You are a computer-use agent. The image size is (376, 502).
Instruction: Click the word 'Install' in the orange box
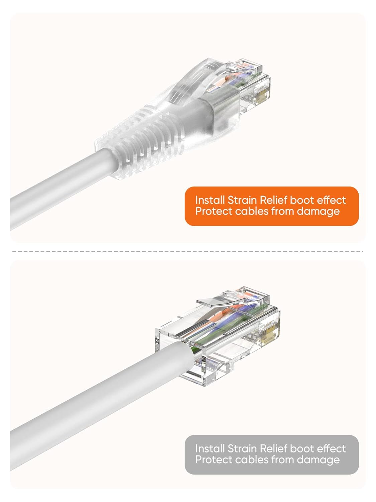(x=210, y=200)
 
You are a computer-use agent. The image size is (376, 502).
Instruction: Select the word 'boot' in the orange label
(x=302, y=200)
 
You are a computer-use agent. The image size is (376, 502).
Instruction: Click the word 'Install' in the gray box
(x=210, y=448)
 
